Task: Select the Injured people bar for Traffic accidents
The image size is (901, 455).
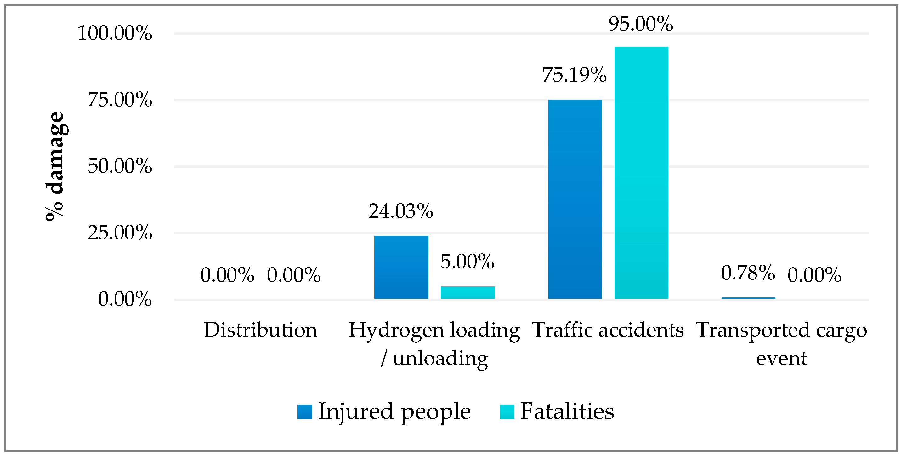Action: click(x=575, y=199)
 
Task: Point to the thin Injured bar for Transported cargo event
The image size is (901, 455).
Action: click(x=748, y=298)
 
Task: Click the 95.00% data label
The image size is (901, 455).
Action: click(x=641, y=24)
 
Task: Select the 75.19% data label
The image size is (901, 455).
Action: click(x=574, y=75)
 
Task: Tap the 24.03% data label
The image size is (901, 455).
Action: click(x=401, y=211)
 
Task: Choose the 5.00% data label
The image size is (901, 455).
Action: click(x=467, y=262)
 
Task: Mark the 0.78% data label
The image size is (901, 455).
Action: click(x=748, y=273)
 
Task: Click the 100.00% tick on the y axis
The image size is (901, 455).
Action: click(x=115, y=33)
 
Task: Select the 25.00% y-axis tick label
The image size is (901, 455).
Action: click(x=120, y=233)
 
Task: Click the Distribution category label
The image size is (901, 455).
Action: click(x=261, y=330)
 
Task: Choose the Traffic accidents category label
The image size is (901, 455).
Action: click(x=608, y=330)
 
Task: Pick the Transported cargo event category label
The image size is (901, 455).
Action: click(x=781, y=344)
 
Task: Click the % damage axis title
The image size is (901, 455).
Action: click(x=55, y=166)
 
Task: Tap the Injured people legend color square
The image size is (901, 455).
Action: click(x=305, y=412)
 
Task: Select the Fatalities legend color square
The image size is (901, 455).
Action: click(x=507, y=412)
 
